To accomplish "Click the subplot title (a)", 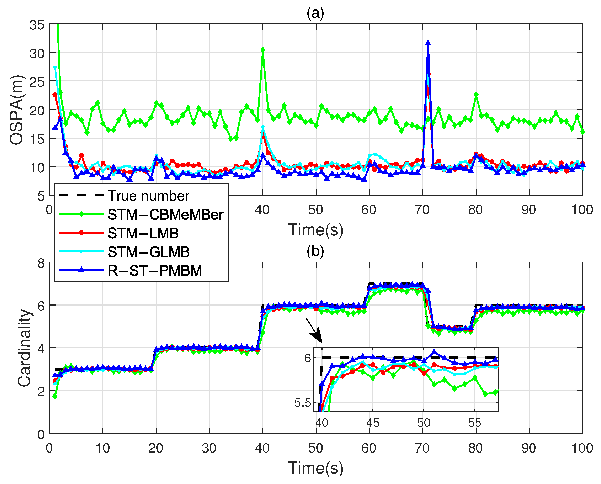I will tap(316, 13).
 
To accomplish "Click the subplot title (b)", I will tap(316, 251).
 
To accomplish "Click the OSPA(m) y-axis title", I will tap(17, 110).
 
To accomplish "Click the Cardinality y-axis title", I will tap(24, 348).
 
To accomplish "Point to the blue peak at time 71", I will tap(428, 43).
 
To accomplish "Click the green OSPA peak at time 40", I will tap(263, 50).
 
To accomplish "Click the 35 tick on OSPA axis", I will tap(37, 25).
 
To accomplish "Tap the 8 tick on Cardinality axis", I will tap(41, 263).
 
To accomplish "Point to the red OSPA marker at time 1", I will tap(55, 95).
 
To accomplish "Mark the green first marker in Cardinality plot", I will tap(55, 396).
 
